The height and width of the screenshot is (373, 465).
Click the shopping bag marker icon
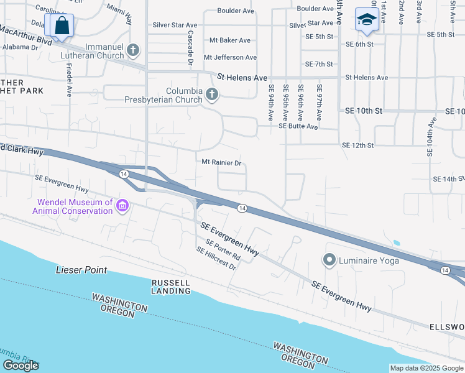pos(62,26)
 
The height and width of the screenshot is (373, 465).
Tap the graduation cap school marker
pos(367,20)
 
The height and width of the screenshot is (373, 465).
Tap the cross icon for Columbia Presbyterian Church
pos(212,94)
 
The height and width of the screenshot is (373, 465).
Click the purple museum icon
pos(122,206)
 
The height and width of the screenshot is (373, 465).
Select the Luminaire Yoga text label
pos(369,260)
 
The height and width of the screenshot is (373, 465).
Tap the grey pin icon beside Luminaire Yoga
pos(329,259)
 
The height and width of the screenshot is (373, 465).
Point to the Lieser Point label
pos(81,270)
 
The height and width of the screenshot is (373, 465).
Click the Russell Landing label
pos(171,287)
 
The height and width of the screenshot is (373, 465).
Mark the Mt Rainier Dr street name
pos(221,163)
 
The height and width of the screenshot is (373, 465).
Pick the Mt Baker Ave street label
pos(229,40)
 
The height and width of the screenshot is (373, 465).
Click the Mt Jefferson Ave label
pos(230,58)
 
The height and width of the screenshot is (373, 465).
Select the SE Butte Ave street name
pos(298,126)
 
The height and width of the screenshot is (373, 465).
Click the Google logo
pos(21,366)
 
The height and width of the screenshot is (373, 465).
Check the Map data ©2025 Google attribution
pos(426,368)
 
